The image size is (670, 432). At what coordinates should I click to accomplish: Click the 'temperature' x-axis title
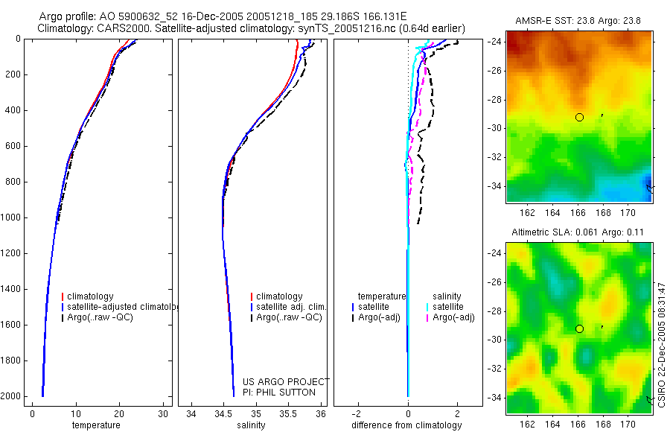[x=95, y=425]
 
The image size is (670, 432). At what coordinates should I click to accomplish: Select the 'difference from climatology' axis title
[x=406, y=425]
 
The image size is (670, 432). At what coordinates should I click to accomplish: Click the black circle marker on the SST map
[x=579, y=117]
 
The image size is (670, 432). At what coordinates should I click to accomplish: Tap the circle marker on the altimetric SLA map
[x=579, y=328]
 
